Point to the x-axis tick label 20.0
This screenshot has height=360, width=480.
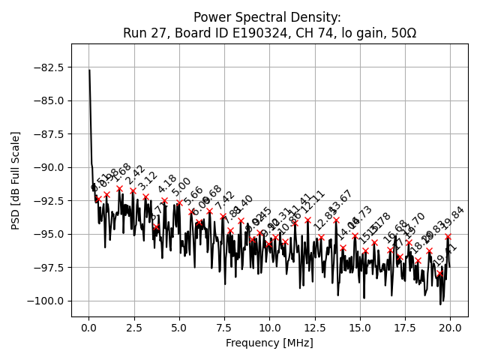pos(450,328)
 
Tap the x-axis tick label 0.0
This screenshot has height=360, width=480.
pos(88,328)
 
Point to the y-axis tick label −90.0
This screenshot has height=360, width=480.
pos(49,167)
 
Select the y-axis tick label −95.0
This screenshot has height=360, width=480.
pos(49,234)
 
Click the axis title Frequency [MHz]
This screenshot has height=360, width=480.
pos(269,343)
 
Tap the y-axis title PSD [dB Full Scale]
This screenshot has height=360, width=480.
pos(16,180)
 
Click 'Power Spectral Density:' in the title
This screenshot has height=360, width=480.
pos(267,17)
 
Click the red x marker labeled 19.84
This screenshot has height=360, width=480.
pos(448,236)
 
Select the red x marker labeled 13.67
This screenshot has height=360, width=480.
pos(336,220)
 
